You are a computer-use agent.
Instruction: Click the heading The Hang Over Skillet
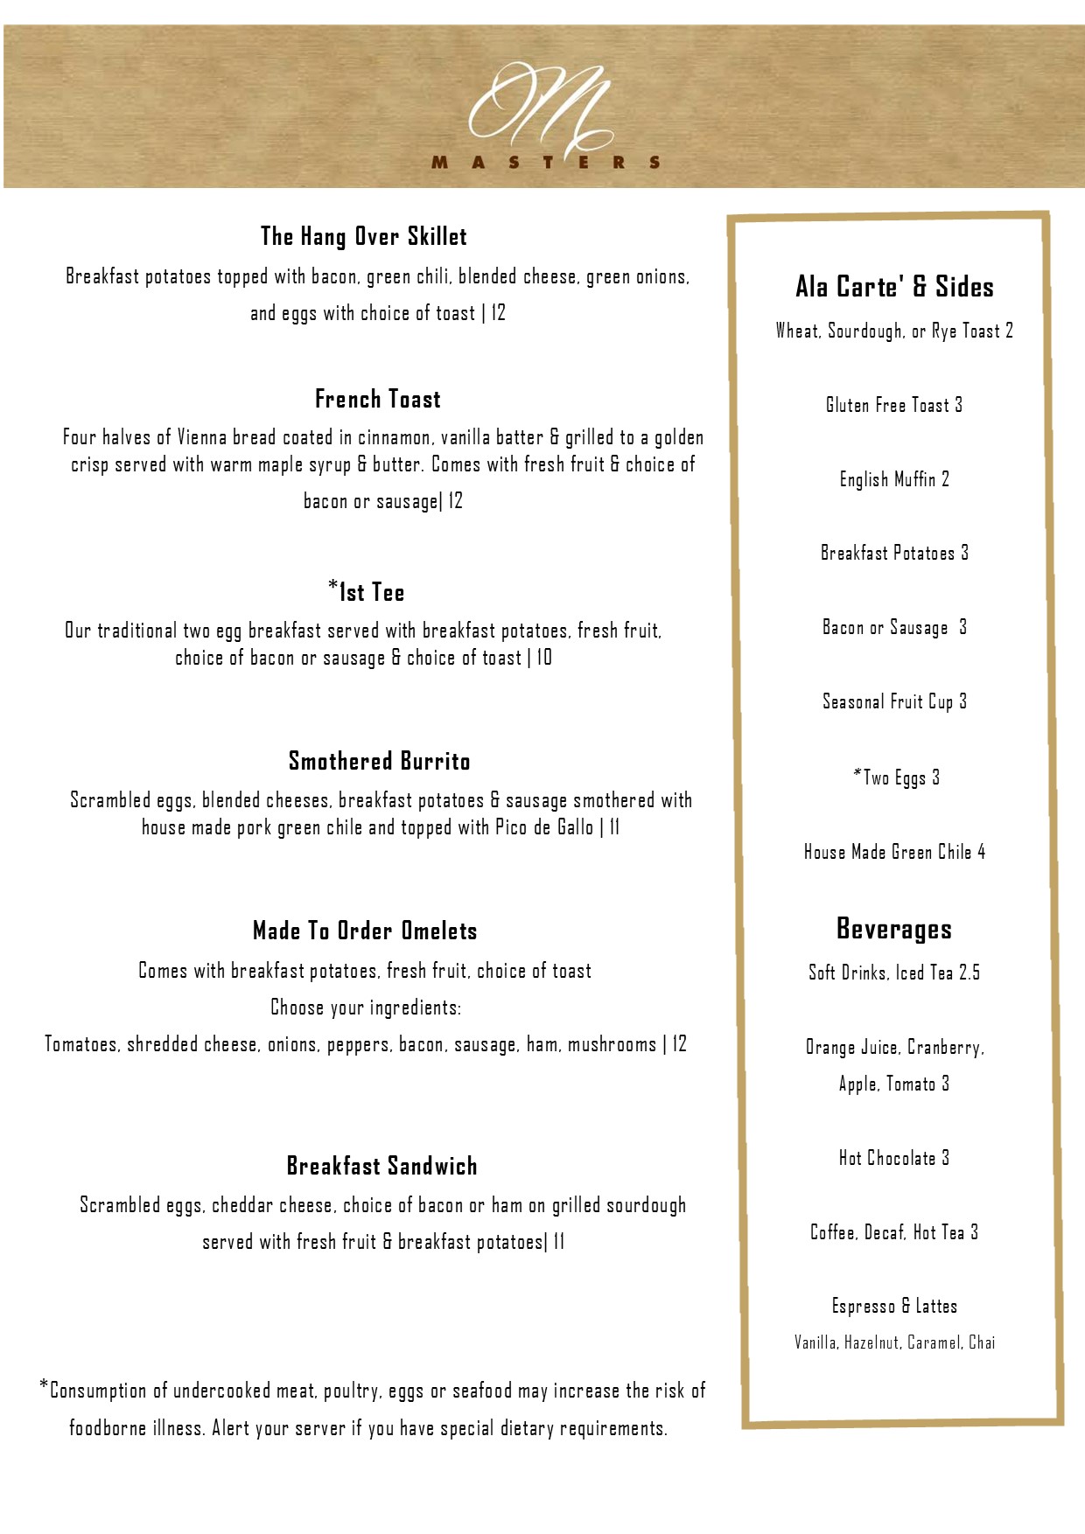tap(364, 236)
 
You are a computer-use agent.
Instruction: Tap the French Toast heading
tap(378, 400)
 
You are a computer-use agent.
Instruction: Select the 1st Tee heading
tap(367, 592)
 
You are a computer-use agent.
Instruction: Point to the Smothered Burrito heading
tap(380, 761)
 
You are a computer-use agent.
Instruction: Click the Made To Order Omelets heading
tap(365, 931)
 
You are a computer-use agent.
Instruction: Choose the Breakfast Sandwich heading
tap(382, 1166)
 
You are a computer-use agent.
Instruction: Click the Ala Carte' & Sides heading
tap(894, 287)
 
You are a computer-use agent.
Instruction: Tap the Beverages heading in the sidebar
tap(894, 929)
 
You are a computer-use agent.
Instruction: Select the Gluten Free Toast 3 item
tap(894, 405)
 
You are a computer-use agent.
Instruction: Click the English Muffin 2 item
tap(894, 479)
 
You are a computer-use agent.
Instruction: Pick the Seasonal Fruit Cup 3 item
tap(894, 701)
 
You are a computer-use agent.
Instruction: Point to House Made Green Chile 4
tap(894, 852)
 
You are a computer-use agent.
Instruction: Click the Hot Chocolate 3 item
tap(894, 1158)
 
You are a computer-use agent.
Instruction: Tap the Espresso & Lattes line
tap(894, 1307)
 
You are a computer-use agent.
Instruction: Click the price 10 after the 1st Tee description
tap(544, 658)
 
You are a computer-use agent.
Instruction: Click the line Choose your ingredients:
tap(366, 1008)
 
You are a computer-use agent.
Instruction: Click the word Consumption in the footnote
tap(98, 1391)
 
